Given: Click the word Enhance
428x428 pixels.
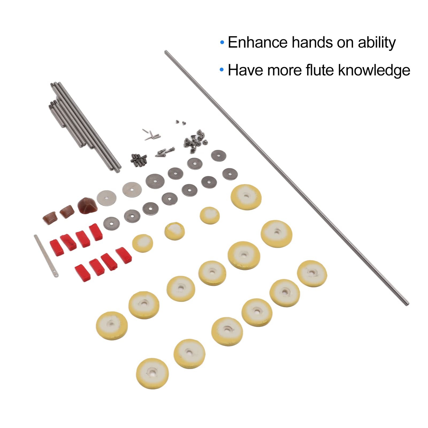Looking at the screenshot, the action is (258, 42).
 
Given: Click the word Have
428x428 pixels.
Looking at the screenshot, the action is (246, 70).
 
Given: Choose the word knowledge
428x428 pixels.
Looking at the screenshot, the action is (374, 71).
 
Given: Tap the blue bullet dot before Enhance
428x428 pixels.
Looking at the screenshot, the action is (222, 42).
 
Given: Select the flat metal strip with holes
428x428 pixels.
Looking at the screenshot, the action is (46, 255).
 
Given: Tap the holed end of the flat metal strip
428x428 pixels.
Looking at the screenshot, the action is (55, 274).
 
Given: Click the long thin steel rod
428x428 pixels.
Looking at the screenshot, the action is (286, 178).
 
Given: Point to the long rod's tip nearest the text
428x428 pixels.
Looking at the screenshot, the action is (166, 51).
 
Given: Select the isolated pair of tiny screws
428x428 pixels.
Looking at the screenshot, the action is (181, 122).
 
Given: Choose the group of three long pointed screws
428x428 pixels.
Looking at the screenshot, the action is (165, 152).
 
